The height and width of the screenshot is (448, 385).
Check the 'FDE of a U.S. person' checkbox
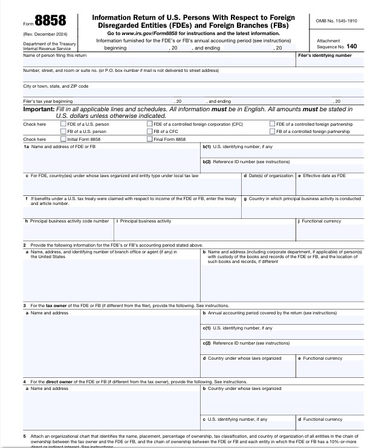63,124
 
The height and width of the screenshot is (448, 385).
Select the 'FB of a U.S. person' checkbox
63,131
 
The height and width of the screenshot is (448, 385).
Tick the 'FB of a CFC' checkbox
150,131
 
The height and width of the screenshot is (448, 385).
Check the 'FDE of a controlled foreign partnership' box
273,124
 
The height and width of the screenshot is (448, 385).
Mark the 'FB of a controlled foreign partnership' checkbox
273,131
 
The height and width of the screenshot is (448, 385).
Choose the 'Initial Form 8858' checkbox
63,139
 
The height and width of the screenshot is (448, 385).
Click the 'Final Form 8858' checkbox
150,139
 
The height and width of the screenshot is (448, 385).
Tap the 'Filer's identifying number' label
325,55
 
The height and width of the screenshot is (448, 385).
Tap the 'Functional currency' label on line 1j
321,221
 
